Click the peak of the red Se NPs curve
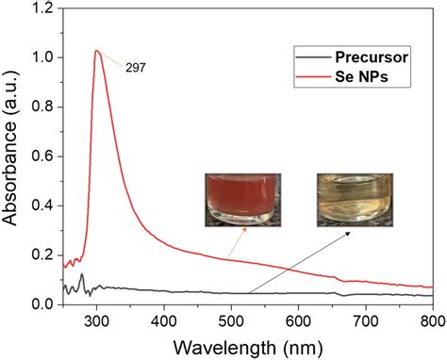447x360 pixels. [96, 51]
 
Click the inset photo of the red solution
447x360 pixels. [243, 200]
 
